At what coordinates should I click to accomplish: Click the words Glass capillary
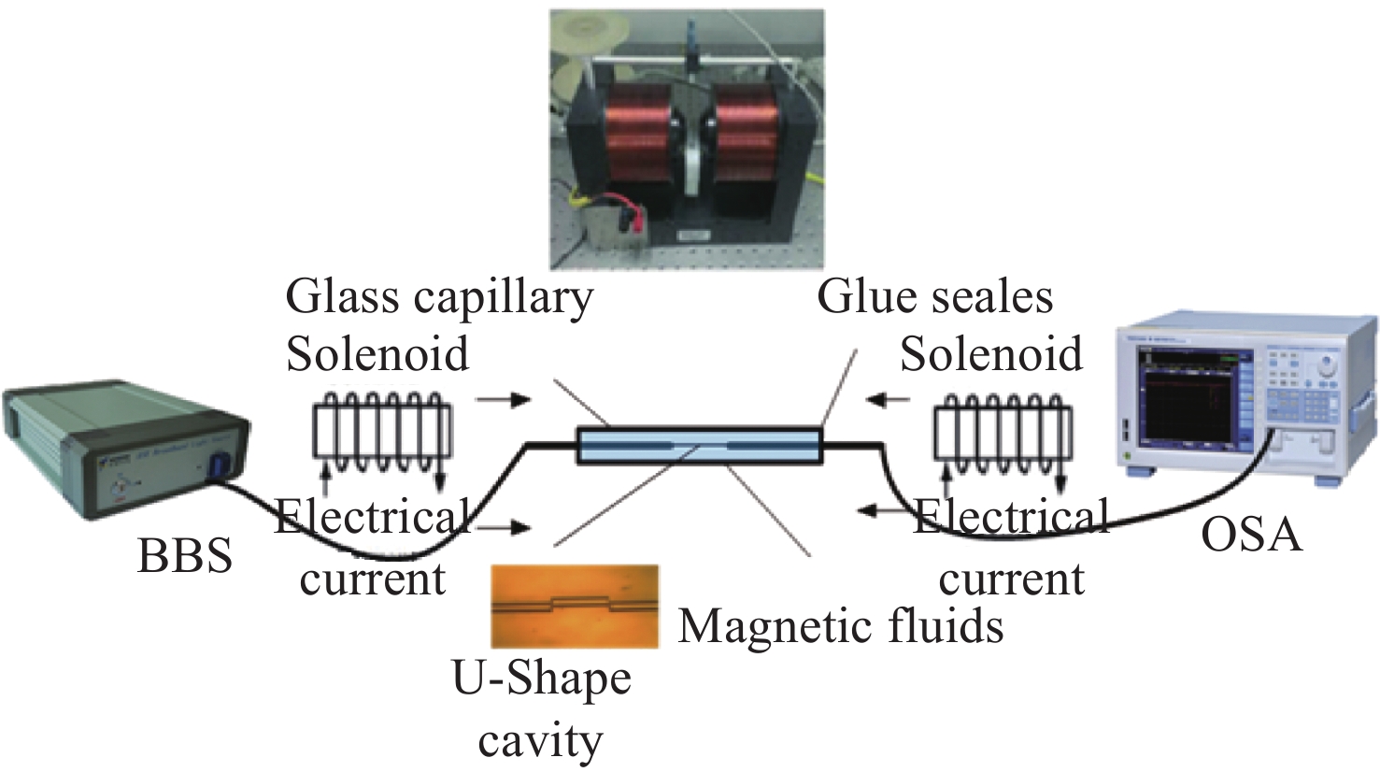pos(439,298)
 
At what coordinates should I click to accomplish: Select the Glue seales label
pos(934,296)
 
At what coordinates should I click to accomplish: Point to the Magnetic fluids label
pos(841,625)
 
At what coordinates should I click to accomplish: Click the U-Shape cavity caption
pos(541,709)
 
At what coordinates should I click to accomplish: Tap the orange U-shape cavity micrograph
pos(576,605)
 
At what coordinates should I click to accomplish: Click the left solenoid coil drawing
pos(381,433)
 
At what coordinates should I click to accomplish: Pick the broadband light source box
pos(121,449)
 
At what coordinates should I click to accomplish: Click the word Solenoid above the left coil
pos(377,354)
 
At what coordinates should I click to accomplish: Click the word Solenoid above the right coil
pos(990,354)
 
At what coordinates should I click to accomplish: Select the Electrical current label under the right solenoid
pos(1012,547)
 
